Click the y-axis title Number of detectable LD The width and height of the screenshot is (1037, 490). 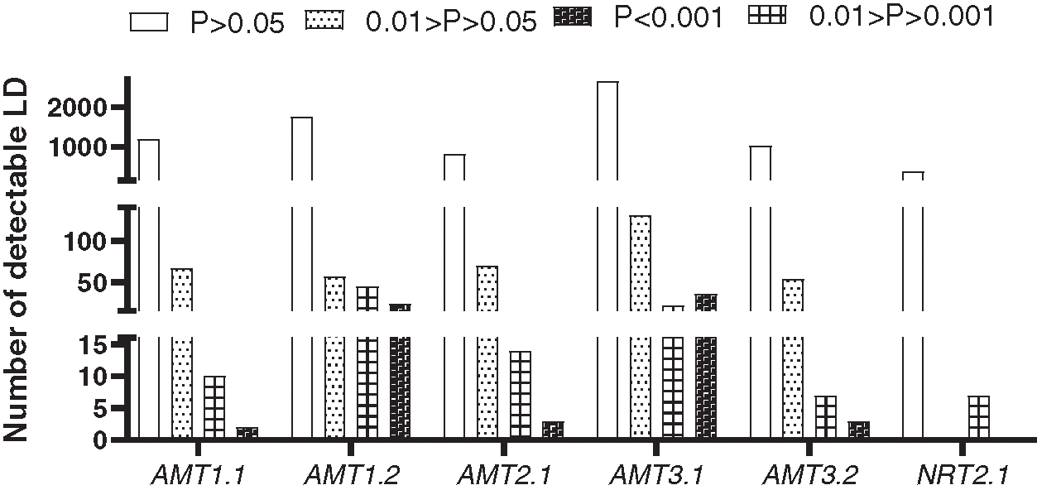pos(16,259)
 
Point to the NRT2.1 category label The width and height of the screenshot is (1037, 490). pos(963,475)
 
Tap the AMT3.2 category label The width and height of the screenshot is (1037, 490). pos(810,475)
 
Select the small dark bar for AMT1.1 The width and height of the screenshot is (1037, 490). pos(247,432)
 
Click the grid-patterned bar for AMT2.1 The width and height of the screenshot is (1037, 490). pos(521,394)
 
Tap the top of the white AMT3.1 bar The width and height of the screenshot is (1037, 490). pos(607,83)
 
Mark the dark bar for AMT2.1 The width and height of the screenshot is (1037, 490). pos(553,430)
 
